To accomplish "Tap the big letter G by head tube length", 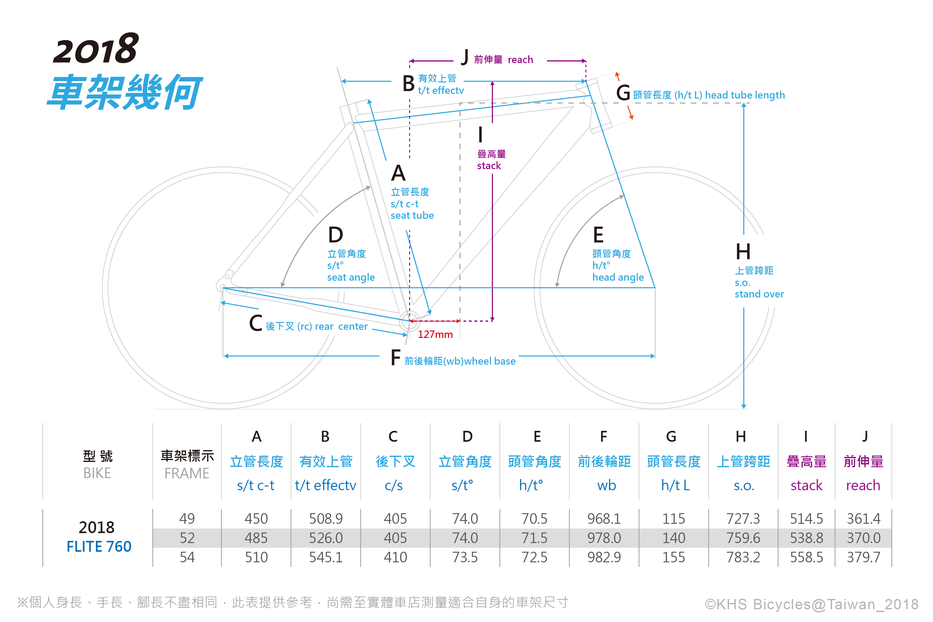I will click(x=623, y=93).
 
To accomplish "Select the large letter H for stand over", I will click(x=743, y=252).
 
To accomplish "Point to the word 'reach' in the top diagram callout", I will click(x=520, y=60).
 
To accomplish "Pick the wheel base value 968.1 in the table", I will click(x=604, y=518).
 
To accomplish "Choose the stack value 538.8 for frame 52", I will click(x=806, y=538).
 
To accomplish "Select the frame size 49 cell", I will click(x=187, y=518).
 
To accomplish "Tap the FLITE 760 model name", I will click(x=99, y=547).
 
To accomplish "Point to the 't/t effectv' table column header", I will click(x=325, y=485).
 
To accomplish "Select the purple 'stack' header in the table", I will click(x=806, y=485).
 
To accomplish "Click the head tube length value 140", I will click(x=674, y=538).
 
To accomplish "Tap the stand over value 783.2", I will click(x=743, y=557).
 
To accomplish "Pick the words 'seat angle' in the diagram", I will click(x=351, y=277).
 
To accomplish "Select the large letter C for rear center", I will click(x=256, y=323).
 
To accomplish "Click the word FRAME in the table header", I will click(x=187, y=473).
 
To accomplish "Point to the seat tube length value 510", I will click(x=256, y=557).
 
